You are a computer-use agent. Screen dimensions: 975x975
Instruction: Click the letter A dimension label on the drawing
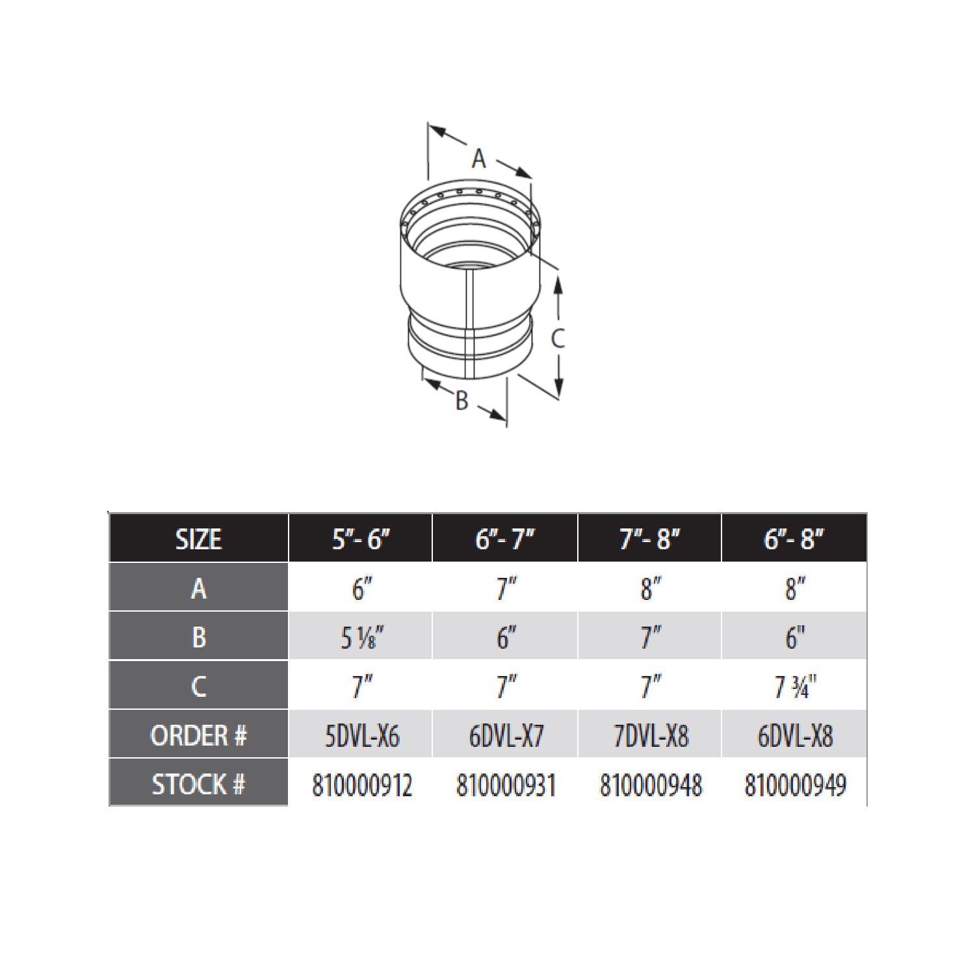click(479, 159)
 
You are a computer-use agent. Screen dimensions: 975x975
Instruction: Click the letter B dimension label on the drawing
click(461, 400)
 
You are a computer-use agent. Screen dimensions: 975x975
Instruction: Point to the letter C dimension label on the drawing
click(558, 339)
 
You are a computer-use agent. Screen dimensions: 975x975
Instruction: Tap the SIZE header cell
click(199, 539)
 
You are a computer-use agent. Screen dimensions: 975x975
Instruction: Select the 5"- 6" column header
click(361, 539)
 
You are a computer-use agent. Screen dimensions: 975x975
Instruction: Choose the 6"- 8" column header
click(794, 539)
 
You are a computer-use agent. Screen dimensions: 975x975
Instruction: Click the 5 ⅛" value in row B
click(362, 638)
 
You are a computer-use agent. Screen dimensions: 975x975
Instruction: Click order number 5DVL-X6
click(362, 736)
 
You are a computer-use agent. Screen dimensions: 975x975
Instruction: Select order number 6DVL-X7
click(506, 736)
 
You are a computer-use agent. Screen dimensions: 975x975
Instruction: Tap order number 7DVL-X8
click(651, 736)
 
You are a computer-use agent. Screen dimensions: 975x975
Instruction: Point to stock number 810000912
click(362, 785)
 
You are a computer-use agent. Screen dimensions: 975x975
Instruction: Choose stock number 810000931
click(506, 785)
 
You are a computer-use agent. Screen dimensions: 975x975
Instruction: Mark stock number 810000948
click(651, 785)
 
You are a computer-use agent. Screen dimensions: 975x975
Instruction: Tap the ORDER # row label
click(199, 736)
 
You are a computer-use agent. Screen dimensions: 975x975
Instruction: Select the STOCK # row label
click(199, 785)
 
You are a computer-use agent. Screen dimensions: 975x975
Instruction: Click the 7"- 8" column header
click(649, 539)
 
